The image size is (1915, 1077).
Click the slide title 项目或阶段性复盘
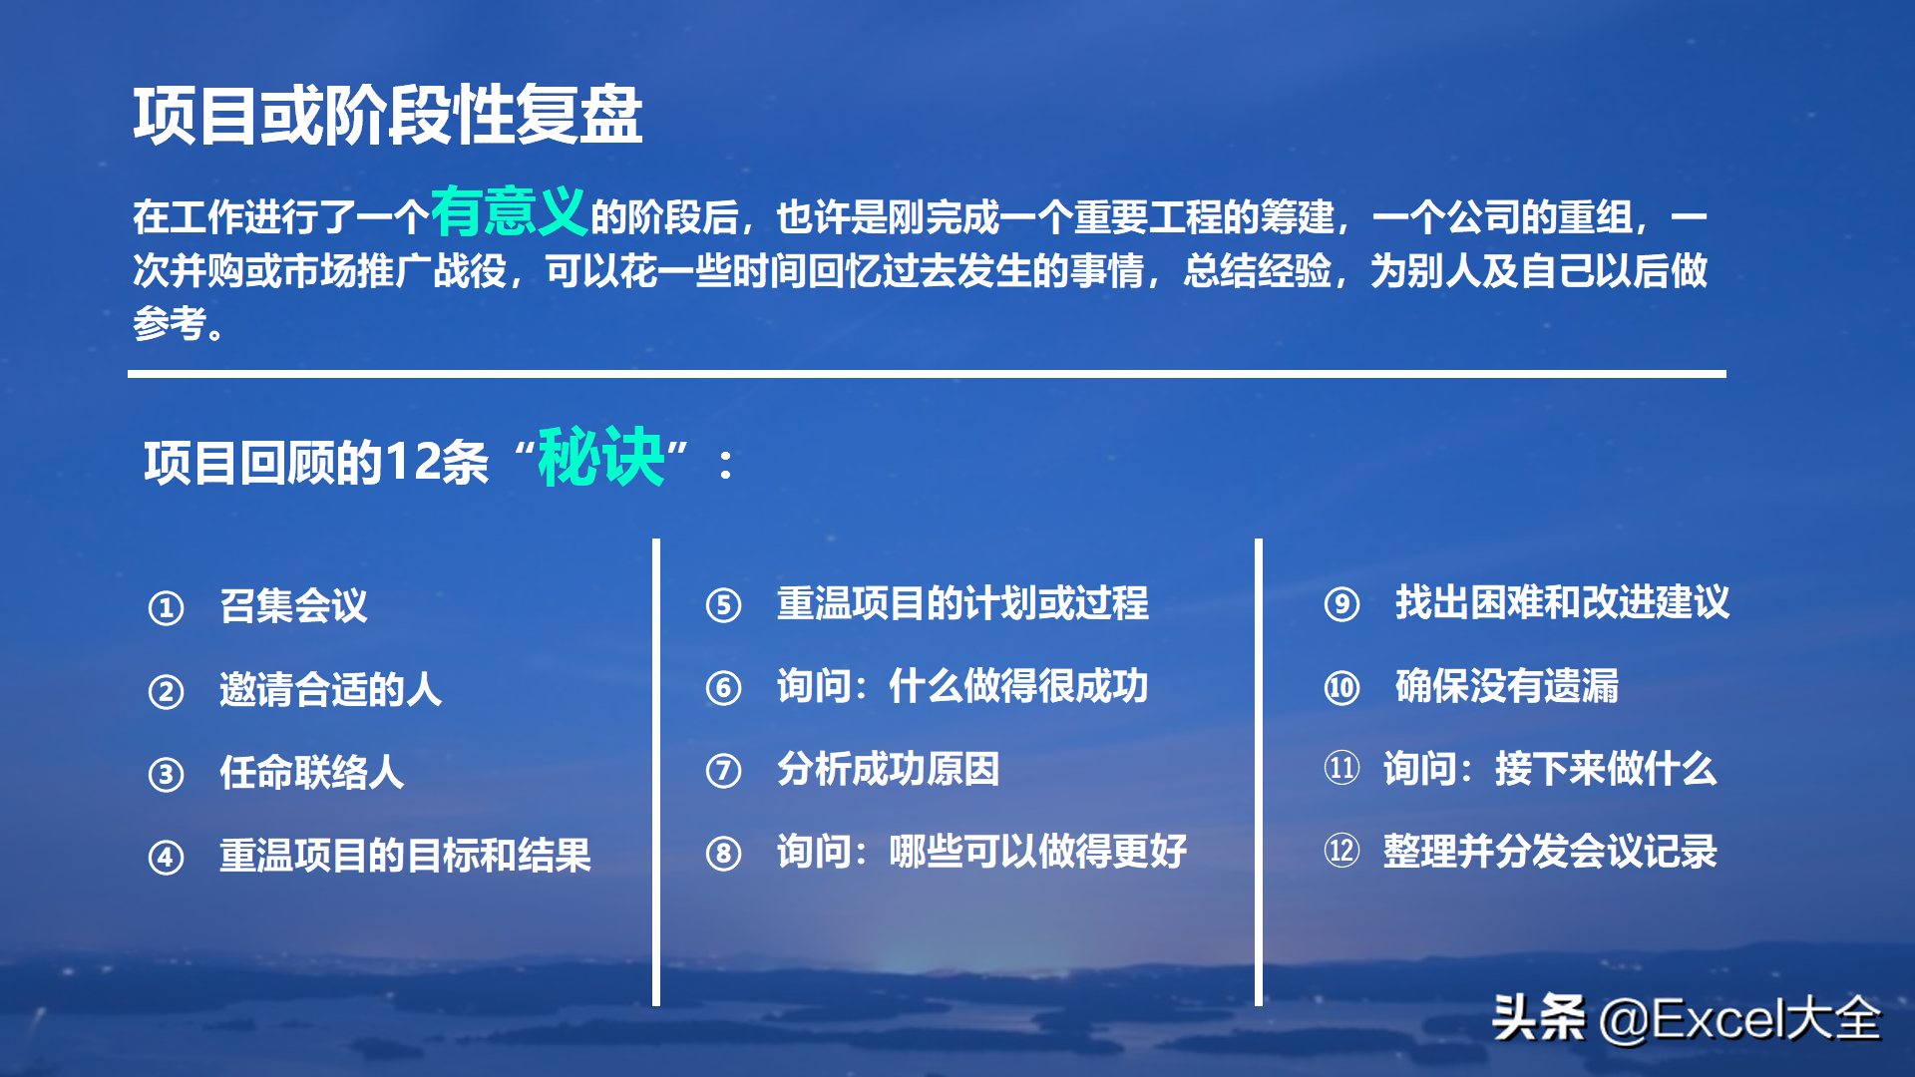coord(388,115)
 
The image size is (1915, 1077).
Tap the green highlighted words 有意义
coord(509,211)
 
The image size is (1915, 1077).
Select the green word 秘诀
coord(601,457)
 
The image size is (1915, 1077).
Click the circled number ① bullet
coord(166,607)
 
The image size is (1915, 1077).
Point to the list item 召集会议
coord(293,605)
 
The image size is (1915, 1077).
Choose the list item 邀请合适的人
coord(330,689)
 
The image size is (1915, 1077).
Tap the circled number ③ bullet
coord(166,774)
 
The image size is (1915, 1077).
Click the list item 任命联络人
coord(312,772)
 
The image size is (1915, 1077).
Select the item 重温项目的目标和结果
coord(405,856)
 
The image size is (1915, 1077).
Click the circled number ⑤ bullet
coord(723,604)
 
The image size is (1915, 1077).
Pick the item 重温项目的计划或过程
coord(962,602)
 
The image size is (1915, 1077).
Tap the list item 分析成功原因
coord(889,769)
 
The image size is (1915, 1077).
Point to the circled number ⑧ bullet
coord(723,853)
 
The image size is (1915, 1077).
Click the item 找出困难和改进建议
coord(1562,602)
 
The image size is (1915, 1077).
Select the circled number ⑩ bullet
coord(1341,687)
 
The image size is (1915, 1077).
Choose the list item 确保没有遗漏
coord(1506,686)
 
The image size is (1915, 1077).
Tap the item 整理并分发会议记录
coord(1550,852)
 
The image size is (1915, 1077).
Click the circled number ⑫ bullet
coord(1341,851)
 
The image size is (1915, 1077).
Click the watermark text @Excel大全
coord(1739,1019)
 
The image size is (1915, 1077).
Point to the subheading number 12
coord(411,462)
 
